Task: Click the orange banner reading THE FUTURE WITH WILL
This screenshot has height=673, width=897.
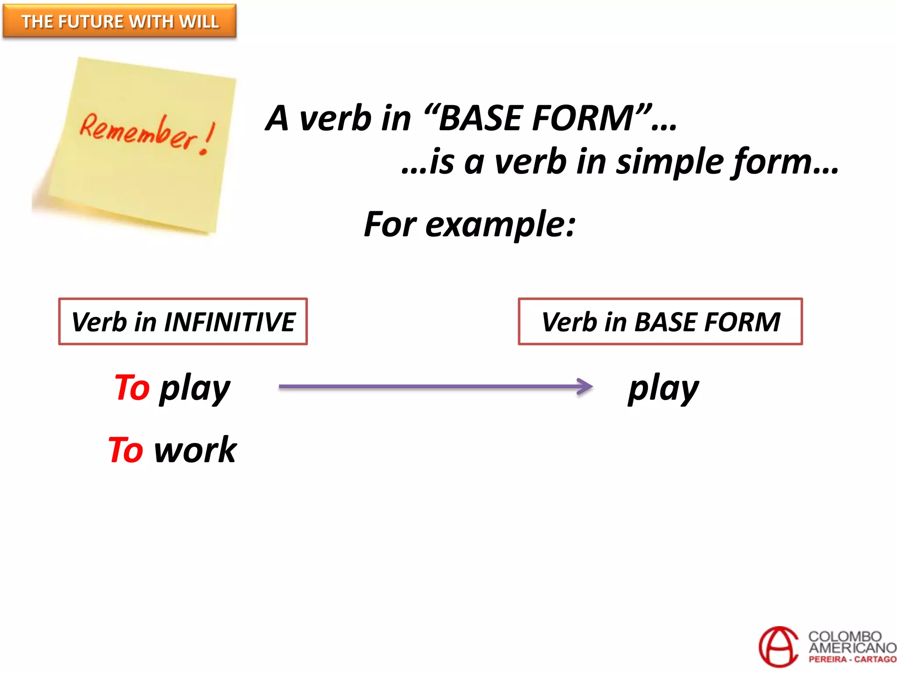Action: point(119,21)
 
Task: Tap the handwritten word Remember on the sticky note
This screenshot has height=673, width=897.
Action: point(138,131)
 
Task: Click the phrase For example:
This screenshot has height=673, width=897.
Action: point(470,224)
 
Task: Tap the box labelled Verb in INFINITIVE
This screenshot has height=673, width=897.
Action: point(183,322)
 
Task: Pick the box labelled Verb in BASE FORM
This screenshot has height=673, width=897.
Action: point(660,322)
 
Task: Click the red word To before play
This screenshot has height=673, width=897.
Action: point(132,387)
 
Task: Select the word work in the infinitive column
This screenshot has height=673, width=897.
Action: point(195,450)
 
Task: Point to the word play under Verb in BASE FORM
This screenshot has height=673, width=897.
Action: point(663,388)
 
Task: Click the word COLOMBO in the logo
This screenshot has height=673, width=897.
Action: point(845,636)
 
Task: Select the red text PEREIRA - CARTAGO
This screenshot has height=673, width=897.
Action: point(852,659)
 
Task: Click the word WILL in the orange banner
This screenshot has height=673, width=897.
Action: point(201,21)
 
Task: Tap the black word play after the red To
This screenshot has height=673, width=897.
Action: point(194,388)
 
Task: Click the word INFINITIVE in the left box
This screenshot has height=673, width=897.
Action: point(230,322)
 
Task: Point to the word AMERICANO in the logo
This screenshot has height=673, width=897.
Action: point(852,648)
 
